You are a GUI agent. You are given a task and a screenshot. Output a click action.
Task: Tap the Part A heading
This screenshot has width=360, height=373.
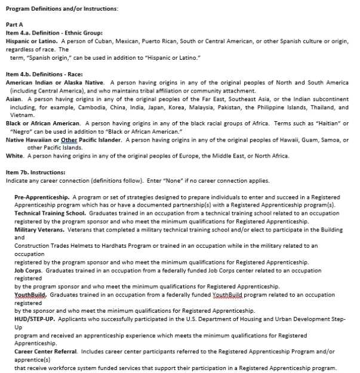14,24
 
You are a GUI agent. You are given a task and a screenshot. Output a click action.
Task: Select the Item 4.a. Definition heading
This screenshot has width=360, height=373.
54,33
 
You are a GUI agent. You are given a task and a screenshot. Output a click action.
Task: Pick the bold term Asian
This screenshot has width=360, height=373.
14,98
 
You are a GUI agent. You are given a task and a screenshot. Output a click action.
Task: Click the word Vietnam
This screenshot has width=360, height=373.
21,115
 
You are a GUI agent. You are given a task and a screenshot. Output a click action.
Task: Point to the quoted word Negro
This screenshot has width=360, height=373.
21,131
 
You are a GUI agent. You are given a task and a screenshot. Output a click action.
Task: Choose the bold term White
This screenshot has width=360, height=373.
15,156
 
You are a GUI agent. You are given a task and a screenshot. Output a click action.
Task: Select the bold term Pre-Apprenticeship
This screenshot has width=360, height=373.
42,197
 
